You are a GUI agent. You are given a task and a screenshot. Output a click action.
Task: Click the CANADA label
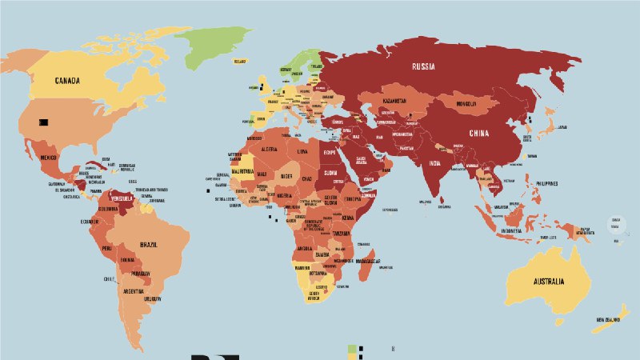[71, 81]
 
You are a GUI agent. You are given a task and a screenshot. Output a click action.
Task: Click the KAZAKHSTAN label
[394, 102]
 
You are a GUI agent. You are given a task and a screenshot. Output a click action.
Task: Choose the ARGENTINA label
[134, 291]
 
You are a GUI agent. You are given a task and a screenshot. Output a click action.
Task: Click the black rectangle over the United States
[44, 122]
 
